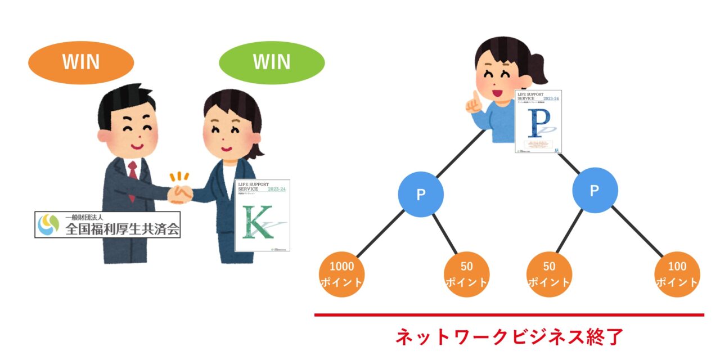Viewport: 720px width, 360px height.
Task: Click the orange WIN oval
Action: [x=81, y=62]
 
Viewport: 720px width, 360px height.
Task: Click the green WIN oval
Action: [x=272, y=62]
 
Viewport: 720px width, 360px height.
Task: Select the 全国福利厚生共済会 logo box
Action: [x=107, y=224]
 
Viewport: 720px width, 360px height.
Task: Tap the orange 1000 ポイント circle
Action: [x=342, y=274]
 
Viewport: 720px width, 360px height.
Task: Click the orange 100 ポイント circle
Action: [x=677, y=274]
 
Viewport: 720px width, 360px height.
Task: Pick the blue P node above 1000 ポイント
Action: [x=421, y=194]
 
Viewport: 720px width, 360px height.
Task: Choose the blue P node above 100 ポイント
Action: [x=595, y=190]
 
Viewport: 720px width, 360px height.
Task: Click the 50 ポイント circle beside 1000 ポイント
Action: [x=466, y=274]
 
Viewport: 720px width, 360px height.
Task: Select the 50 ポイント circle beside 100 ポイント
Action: [x=550, y=274]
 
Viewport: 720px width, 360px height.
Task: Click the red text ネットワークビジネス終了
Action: [x=509, y=337]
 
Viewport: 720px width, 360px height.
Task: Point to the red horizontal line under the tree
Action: [x=509, y=315]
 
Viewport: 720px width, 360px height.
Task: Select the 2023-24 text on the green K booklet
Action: [x=276, y=189]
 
